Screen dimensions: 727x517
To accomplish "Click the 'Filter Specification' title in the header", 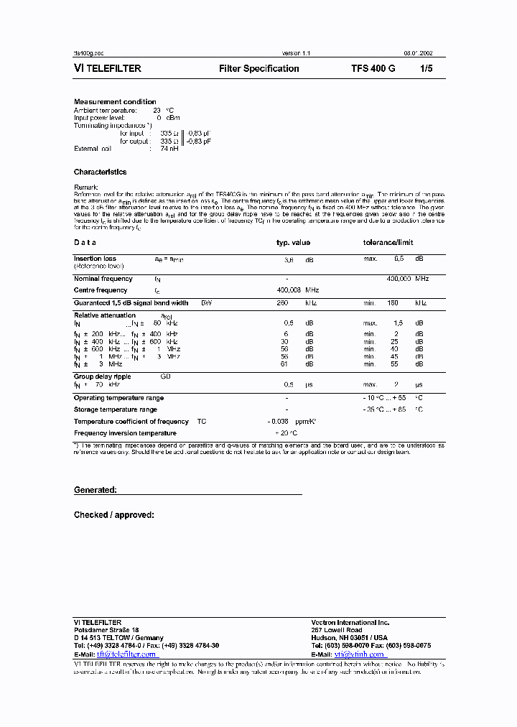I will coord(258,69).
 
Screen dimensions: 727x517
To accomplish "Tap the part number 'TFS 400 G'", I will coord(373,69).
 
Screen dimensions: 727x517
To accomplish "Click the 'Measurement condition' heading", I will coord(115,102).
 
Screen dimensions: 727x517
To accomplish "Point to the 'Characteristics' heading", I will coord(100,172).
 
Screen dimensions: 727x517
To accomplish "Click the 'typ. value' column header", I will coord(293,243).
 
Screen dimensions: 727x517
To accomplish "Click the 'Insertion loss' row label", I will coord(95,259).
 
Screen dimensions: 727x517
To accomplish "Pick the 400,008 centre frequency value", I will coord(292,290).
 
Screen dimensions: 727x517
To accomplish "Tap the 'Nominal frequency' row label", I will coord(103,279).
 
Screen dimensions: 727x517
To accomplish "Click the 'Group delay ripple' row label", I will coord(103,376).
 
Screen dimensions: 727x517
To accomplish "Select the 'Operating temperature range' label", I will coord(118,398).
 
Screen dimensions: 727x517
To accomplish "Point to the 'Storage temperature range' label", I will coord(115,409).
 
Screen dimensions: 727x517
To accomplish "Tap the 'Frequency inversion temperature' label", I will coord(125,433).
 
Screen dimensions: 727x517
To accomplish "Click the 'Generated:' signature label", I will coord(96,490).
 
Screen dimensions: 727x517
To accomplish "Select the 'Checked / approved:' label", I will coord(114,515).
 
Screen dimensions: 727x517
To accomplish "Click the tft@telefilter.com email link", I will coord(126,654).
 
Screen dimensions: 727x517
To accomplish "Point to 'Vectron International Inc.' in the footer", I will coord(350,622).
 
